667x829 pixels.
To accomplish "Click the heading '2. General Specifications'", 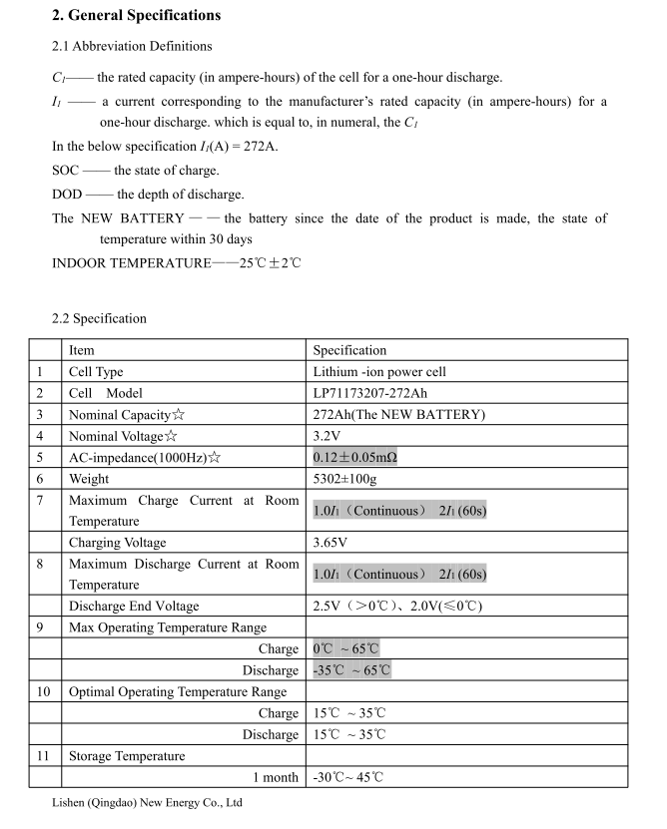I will pyautogui.click(x=137, y=15).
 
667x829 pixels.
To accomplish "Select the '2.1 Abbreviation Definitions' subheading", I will pyautogui.click(x=132, y=46).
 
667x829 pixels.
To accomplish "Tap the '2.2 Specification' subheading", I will pyautogui.click(x=99, y=318).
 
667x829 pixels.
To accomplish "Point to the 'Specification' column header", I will pyautogui.click(x=349, y=350).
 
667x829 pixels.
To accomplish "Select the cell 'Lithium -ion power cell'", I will pyautogui.click(x=379, y=372).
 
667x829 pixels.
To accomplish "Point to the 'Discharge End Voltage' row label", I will pyautogui.click(x=134, y=606).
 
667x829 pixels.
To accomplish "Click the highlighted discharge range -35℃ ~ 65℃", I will pyautogui.click(x=351, y=670).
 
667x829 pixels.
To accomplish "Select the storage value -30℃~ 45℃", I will pyautogui.click(x=348, y=777).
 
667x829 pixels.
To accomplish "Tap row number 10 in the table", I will pyautogui.click(x=43, y=691).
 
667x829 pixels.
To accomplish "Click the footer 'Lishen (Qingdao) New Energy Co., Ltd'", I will pyautogui.click(x=147, y=802).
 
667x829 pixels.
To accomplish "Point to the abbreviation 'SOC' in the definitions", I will pyautogui.click(x=66, y=171).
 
